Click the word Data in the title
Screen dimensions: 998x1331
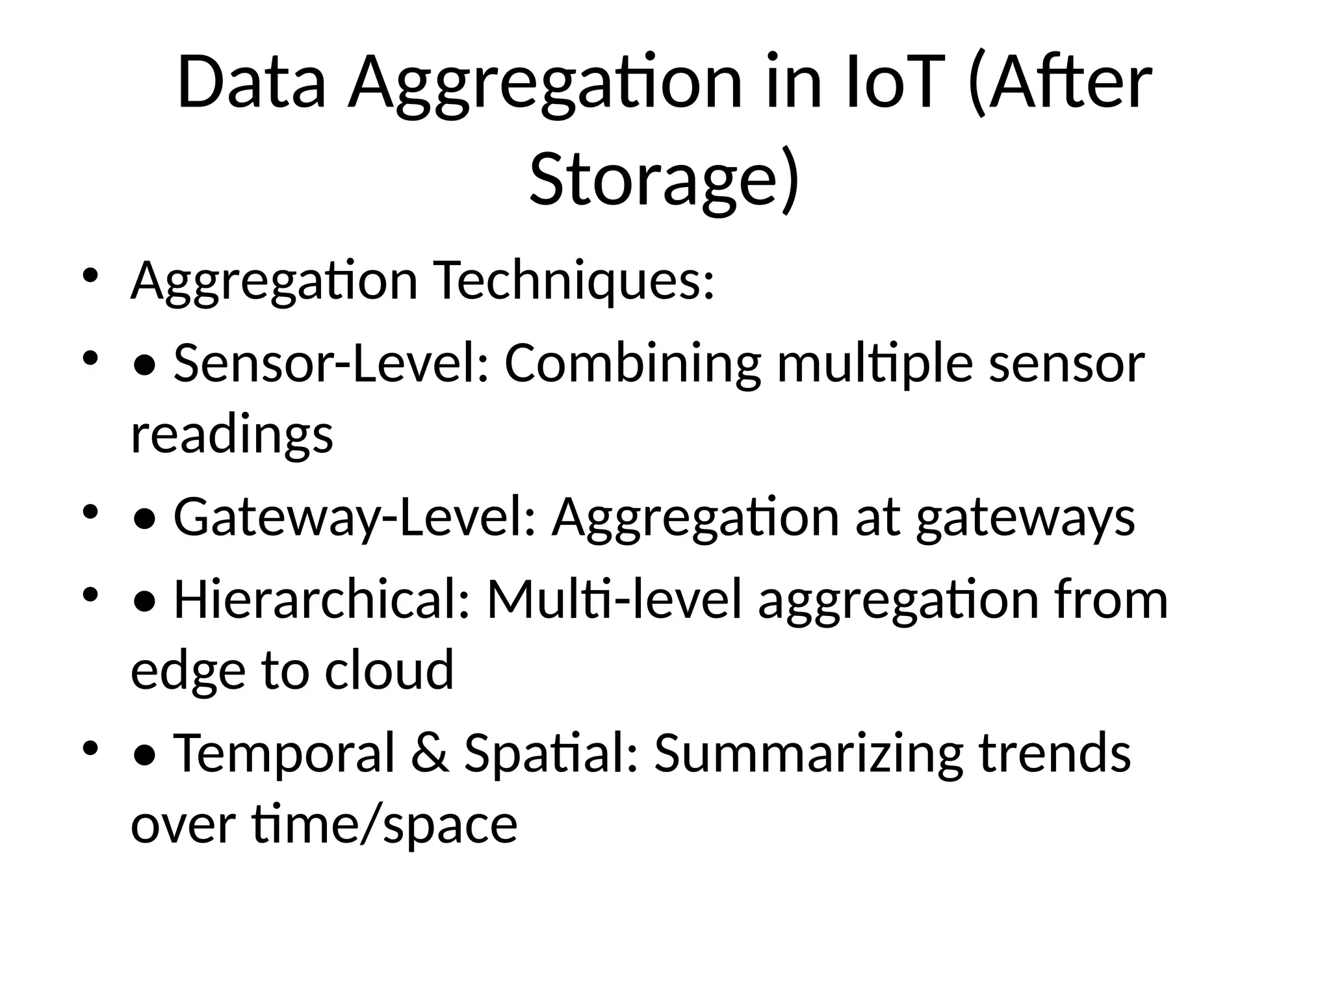[x=251, y=83]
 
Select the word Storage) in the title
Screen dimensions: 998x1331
[x=664, y=178]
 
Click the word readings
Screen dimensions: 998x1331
[x=232, y=434]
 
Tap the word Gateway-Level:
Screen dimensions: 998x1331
[x=355, y=517]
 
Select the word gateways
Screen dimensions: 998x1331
[x=1026, y=517]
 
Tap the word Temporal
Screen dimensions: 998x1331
[x=284, y=752]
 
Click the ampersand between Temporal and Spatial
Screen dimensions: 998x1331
[x=430, y=752]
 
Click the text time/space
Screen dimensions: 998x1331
[x=385, y=825]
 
